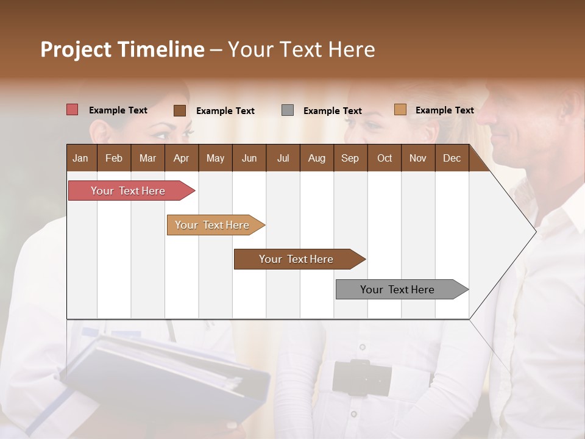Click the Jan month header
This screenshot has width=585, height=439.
(x=80, y=159)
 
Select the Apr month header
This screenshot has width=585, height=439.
(x=181, y=159)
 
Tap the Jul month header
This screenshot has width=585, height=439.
(x=283, y=159)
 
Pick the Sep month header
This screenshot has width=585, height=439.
(x=350, y=159)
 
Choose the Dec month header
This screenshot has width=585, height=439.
(x=452, y=159)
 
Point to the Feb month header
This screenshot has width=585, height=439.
(x=114, y=159)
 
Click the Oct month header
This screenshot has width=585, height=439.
(x=385, y=159)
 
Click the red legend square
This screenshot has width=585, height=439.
(x=72, y=110)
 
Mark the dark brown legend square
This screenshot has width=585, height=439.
(x=179, y=110)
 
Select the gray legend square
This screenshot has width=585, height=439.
(x=288, y=110)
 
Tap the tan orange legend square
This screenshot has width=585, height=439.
(x=400, y=110)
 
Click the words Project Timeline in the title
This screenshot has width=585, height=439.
(x=122, y=49)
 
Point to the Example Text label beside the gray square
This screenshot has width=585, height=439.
(x=332, y=111)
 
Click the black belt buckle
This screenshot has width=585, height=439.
(x=361, y=377)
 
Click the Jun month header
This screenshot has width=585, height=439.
(x=249, y=159)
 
